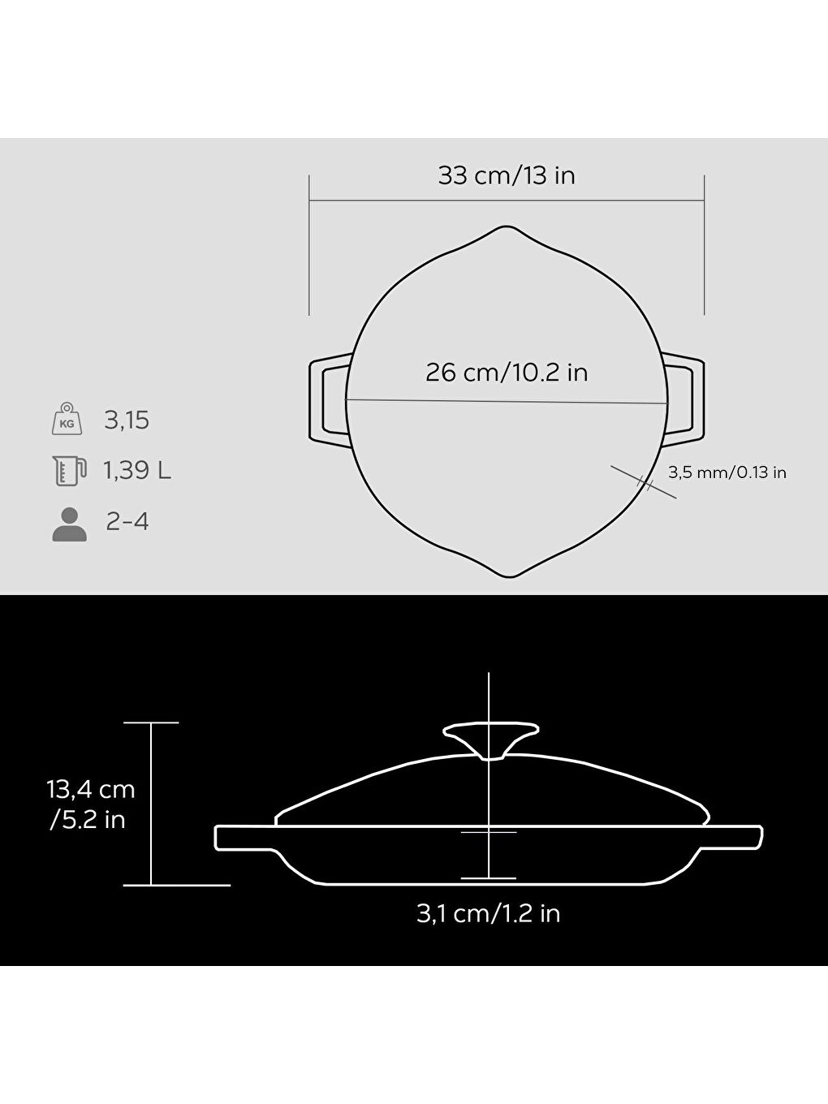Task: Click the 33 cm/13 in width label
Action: [507, 175]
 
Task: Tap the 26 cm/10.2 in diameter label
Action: [507, 373]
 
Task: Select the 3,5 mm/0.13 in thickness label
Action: [727, 472]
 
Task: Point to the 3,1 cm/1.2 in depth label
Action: [488, 913]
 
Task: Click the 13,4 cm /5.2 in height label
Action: [90, 804]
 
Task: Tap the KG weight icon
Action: [67, 420]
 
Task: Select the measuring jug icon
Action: [68, 471]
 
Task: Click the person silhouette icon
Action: [69, 524]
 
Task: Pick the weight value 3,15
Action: [127, 420]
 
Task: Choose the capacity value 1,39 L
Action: [136, 471]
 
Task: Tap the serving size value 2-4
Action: [127, 521]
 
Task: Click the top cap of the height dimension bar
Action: [151, 722]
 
